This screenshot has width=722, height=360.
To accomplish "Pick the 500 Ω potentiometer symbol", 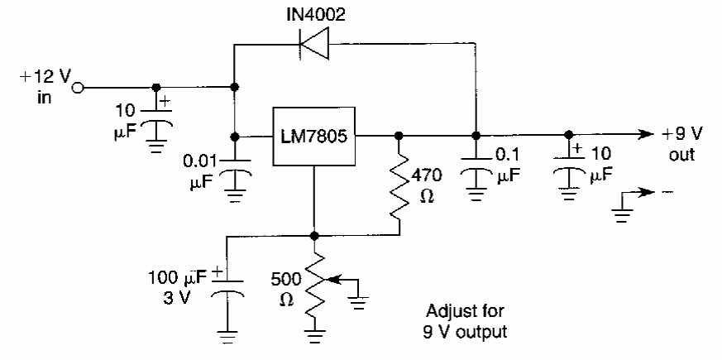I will (315, 291).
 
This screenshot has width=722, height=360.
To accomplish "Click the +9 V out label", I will (682, 144).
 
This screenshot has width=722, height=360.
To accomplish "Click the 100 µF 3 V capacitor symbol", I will (226, 286).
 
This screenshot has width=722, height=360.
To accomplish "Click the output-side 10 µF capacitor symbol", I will (567, 170).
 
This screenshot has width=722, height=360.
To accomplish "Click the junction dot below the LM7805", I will (315, 236).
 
